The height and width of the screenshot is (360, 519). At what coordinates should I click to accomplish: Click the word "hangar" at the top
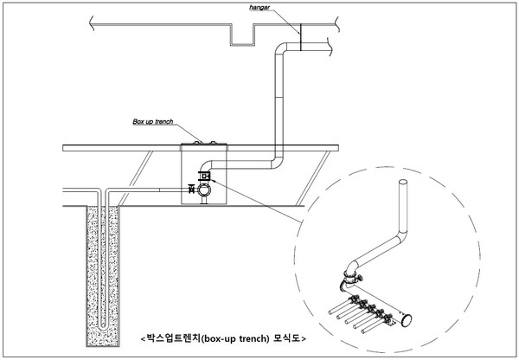pos(259,7)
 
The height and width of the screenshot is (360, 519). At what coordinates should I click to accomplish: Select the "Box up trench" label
pos(153,121)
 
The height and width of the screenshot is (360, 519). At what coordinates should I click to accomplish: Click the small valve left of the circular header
pos(191,190)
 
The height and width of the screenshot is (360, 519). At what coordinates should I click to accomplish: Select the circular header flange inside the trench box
pos(204,190)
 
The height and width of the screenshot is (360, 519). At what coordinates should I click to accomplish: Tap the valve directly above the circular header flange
pos(204,176)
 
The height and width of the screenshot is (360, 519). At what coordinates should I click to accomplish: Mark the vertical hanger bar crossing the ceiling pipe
pos(300,37)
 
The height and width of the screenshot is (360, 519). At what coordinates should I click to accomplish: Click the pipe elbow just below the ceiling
pos(280,48)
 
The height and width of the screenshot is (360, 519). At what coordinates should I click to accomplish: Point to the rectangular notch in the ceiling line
pos(242,35)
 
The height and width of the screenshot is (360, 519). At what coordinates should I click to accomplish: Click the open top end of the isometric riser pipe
pos(403,183)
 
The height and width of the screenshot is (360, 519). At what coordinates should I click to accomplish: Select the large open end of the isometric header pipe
pos(407,320)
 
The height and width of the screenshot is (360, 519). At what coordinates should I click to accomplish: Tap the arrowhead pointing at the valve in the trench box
pos(213,181)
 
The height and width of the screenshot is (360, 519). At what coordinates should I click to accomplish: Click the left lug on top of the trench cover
pos(197,143)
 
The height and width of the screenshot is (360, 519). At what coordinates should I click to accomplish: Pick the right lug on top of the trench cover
pos(213,143)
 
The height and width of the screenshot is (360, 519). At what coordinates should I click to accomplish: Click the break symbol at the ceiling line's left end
pos(92,24)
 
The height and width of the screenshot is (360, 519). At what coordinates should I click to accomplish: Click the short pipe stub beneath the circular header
pos(204,201)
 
